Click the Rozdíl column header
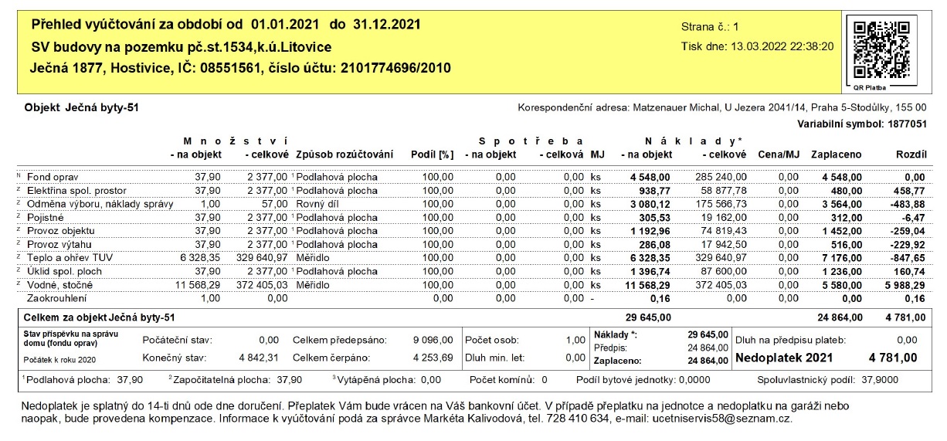(909, 155)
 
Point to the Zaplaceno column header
(837, 155)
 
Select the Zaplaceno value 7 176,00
(837, 257)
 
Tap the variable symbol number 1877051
(903, 123)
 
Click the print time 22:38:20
(810, 46)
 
